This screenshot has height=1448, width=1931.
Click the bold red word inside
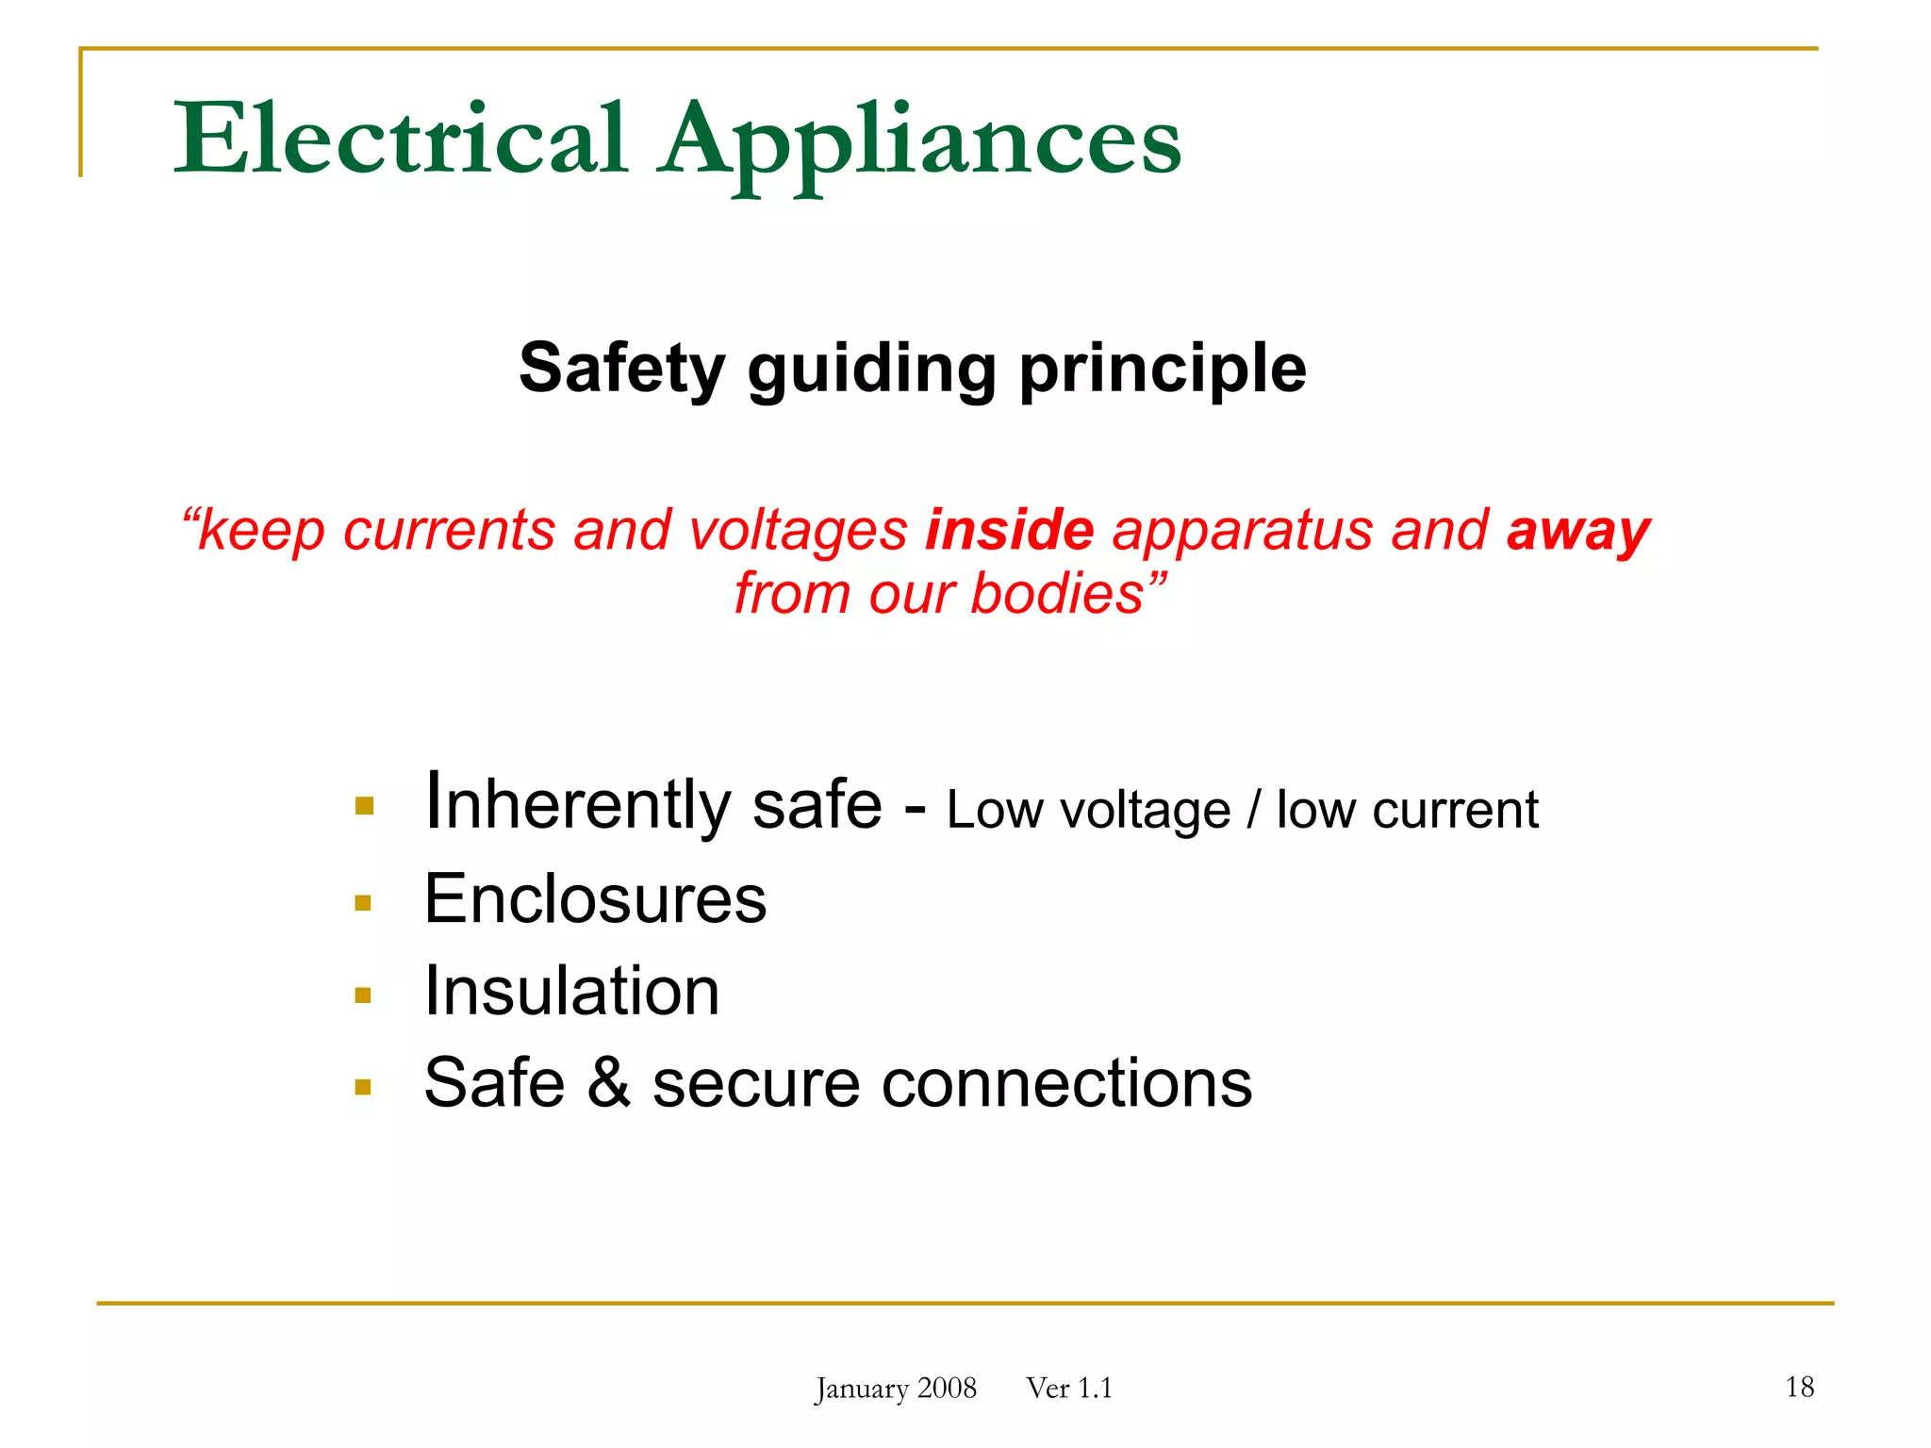pyautogui.click(x=1009, y=530)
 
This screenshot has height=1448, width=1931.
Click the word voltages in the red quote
pyautogui.click(x=798, y=530)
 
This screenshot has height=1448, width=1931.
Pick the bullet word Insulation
pyautogui.click(x=571, y=991)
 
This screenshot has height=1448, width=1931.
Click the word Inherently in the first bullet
pyautogui.click(x=577, y=804)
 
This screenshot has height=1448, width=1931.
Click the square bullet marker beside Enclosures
pyautogui.click(x=363, y=903)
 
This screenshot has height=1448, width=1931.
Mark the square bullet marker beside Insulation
pyautogui.click(x=363, y=995)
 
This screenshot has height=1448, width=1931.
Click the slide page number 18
pyautogui.click(x=1799, y=1387)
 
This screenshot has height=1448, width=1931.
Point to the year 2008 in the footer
pyautogui.click(x=947, y=1389)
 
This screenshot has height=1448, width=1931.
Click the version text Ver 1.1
pyautogui.click(x=1069, y=1389)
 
